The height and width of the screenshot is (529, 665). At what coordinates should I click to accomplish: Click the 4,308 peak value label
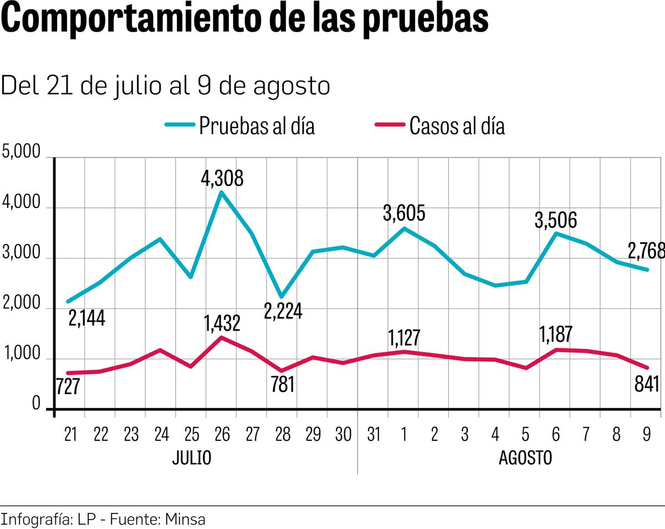point(222,178)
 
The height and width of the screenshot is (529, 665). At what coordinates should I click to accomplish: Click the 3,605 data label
point(404,213)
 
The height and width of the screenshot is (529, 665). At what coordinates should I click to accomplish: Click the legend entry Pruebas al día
point(257,126)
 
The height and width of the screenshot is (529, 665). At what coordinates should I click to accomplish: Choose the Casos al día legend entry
point(457,126)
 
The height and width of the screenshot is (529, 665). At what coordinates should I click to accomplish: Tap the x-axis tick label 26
point(222,435)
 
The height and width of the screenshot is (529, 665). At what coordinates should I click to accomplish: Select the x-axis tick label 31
point(374,435)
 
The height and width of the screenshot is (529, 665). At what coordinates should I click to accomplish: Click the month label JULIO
point(191,459)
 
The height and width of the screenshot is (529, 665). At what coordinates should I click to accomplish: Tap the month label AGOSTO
point(525,459)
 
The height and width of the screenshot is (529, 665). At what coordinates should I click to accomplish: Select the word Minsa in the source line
point(186,520)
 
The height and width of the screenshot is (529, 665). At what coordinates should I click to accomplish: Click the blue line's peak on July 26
point(222,192)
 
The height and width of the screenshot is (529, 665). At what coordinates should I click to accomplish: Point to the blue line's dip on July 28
point(282,297)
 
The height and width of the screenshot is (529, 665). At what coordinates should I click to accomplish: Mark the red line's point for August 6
point(556,349)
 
